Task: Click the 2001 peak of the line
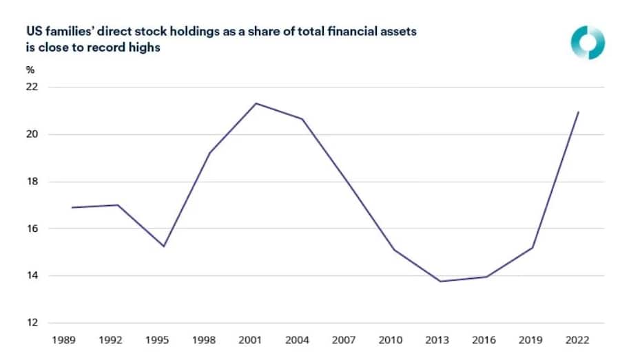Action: point(256,103)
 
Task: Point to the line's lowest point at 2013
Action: point(440,281)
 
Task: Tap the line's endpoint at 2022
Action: point(578,112)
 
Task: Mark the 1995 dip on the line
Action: point(163,246)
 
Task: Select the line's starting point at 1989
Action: point(72,207)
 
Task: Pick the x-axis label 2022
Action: point(578,339)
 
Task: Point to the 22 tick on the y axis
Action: point(32,87)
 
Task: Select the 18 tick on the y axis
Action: point(32,182)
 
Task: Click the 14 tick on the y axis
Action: point(32,276)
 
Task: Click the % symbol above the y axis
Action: point(30,70)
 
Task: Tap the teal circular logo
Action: point(588,43)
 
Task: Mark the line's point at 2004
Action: point(302,119)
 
